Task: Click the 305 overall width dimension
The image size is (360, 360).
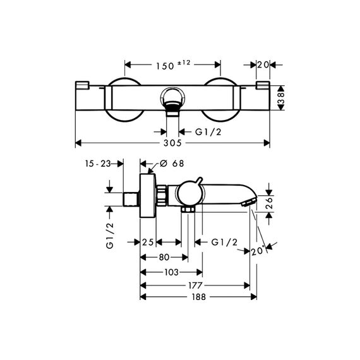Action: (172, 143)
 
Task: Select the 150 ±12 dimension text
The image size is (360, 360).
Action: (173, 65)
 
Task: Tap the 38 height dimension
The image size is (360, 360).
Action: (281, 98)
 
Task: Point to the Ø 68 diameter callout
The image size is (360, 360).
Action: (172, 164)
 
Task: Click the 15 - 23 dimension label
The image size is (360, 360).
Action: (98, 164)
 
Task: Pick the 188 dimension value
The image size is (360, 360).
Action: (198, 297)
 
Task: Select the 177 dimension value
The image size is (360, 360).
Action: (195, 285)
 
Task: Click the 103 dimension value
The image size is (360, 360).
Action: (172, 272)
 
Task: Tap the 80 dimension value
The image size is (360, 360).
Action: (164, 258)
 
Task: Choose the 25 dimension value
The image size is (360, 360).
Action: (148, 242)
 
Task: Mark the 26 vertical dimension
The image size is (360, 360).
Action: (269, 202)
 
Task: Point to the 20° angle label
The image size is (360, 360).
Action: (258, 251)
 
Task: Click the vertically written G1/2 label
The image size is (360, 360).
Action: (110, 236)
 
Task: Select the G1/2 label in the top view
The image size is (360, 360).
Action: (208, 132)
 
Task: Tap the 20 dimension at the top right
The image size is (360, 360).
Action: (263, 65)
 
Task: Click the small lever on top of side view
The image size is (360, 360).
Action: (199, 181)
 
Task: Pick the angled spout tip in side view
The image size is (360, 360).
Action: (248, 203)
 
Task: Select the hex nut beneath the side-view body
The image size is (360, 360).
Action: (188, 210)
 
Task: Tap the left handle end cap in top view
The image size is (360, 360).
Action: (82, 85)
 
